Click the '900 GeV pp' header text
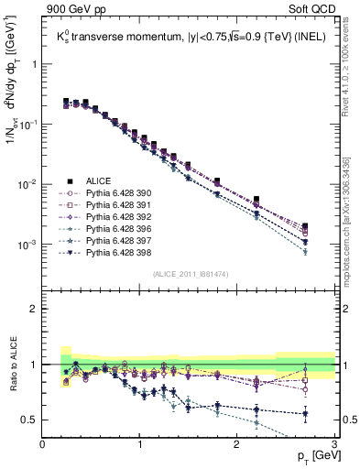76,9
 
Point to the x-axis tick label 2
237,444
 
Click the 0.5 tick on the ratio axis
32,420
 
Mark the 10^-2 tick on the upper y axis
28,185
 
